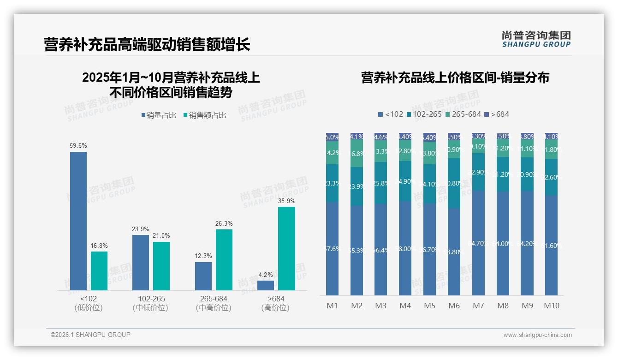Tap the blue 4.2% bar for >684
(266, 285)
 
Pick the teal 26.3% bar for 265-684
(224, 259)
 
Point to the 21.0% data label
(161, 236)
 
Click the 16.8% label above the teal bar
(99, 246)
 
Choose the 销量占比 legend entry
(159, 115)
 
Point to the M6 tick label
(454, 306)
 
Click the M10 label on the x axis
(551, 306)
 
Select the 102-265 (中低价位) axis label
(151, 303)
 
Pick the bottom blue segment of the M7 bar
(478, 243)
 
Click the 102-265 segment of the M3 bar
(381, 183)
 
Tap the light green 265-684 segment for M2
(357, 154)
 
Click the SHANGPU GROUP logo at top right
(536, 39)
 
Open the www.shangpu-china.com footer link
(537, 335)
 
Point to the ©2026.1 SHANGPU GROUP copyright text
(90, 335)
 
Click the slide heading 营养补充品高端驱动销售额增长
(147, 44)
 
